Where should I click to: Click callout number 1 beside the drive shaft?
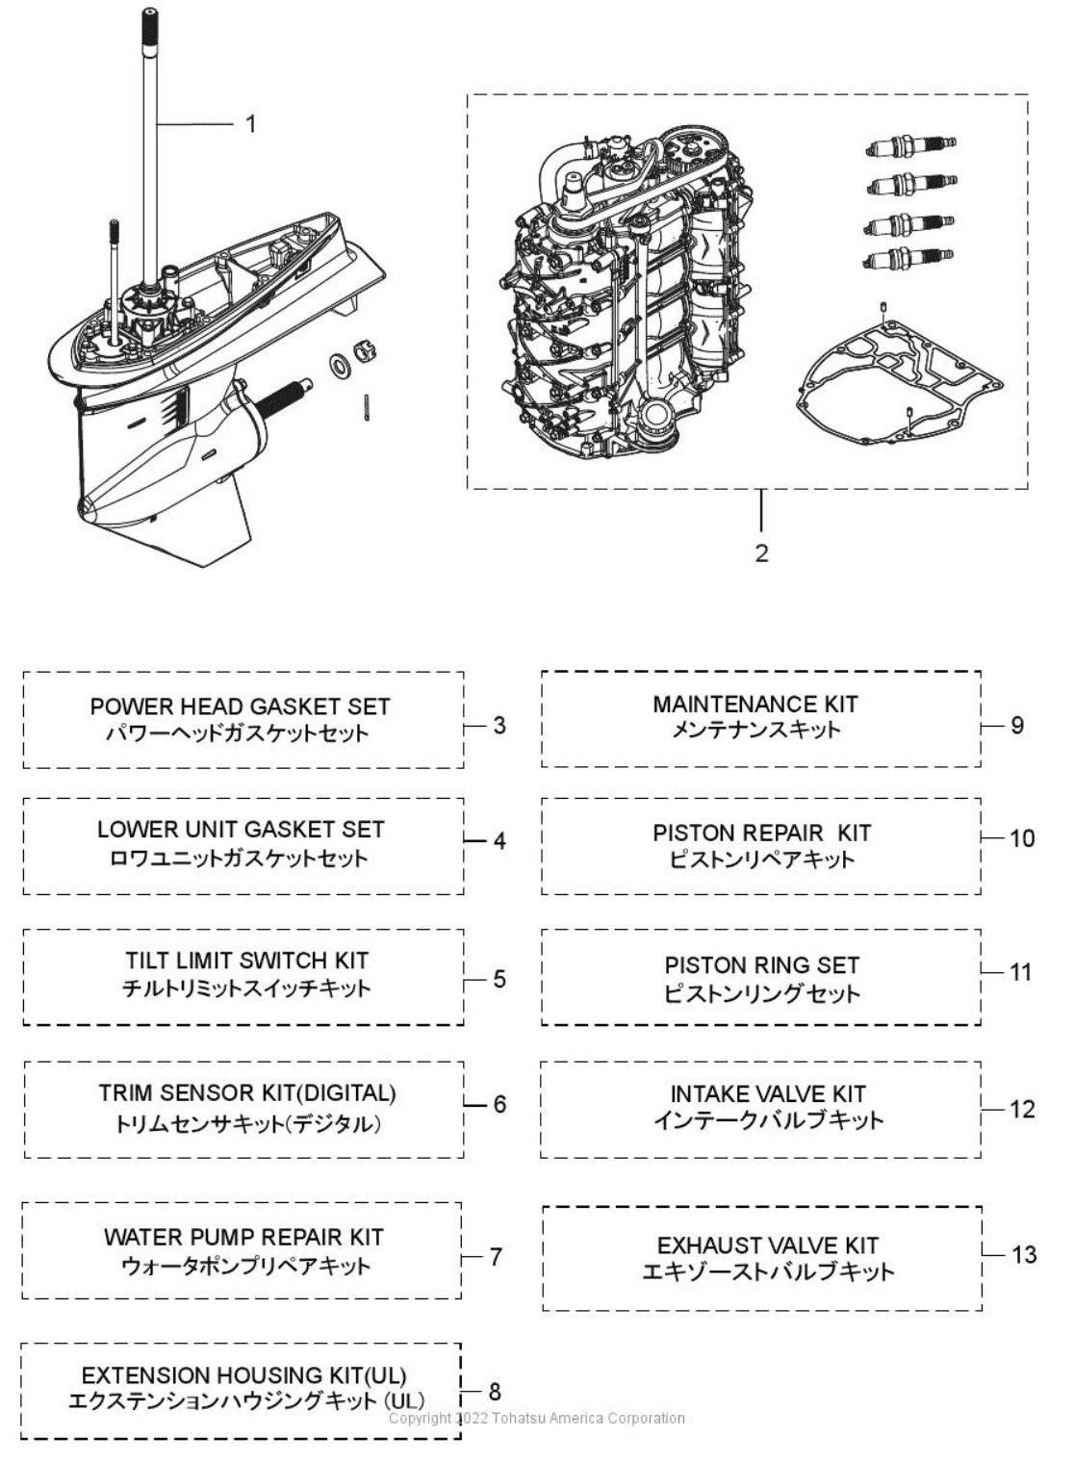[251, 124]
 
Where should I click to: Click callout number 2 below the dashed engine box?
[761, 553]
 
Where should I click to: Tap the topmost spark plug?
[911, 145]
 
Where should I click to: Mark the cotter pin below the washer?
[367, 407]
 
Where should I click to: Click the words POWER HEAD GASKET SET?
[240, 706]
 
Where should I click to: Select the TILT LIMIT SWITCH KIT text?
[246, 961]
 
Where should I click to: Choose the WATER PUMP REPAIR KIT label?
[243, 1237]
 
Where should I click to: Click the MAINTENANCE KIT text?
[755, 705]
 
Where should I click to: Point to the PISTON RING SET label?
[762, 964]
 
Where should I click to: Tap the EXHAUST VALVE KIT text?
[767, 1245]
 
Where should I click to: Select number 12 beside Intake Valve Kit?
[1022, 1109]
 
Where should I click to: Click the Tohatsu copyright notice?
[537, 1418]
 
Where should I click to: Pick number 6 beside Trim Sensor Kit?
[499, 1104]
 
